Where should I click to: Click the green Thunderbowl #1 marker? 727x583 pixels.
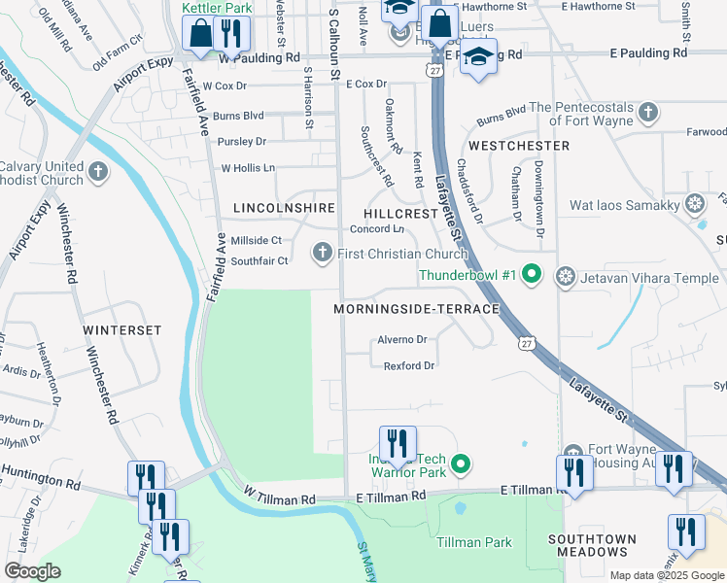tap(531, 276)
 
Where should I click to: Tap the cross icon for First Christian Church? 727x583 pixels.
tap(323, 254)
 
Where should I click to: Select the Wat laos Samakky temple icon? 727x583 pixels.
tap(695, 204)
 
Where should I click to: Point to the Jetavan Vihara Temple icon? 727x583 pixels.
tap(565, 277)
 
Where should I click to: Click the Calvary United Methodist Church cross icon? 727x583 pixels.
tap(97, 172)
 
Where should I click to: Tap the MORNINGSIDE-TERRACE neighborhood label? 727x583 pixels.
tap(416, 308)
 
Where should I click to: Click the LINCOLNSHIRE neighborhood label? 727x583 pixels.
tap(284, 208)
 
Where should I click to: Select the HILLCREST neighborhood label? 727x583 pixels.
tap(401, 213)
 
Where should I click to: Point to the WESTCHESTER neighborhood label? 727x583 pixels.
tap(518, 145)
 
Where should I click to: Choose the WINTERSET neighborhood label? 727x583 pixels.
tap(121, 330)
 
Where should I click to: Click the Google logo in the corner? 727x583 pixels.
tap(33, 571)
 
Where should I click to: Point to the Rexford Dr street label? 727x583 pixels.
tap(408, 365)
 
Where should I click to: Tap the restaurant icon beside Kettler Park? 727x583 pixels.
tap(230, 33)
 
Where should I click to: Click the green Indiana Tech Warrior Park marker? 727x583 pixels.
tap(463, 464)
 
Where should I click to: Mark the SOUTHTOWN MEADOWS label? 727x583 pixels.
tap(592, 545)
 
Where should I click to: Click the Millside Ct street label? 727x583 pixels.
tap(256, 240)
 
